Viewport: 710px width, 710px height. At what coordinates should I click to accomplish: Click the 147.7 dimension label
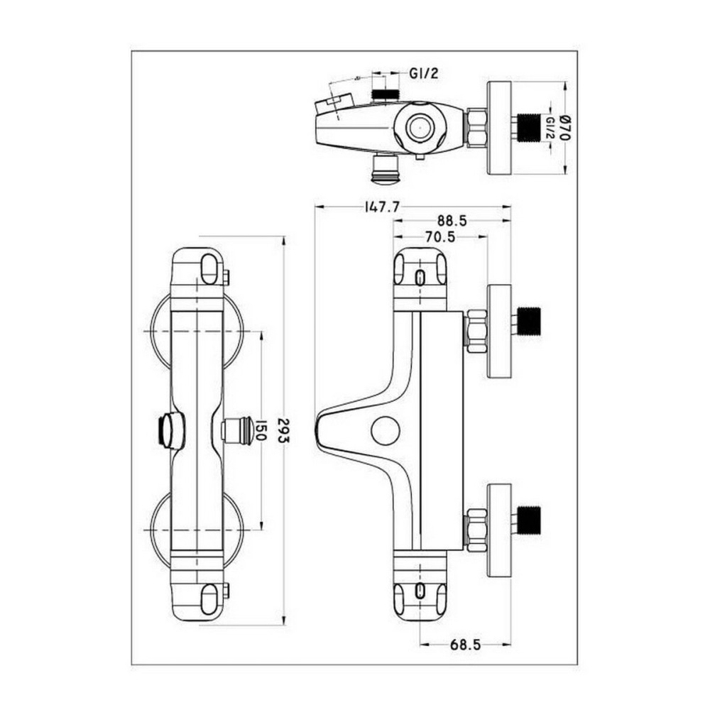(x=383, y=207)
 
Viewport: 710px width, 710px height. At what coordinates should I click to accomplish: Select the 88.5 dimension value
(x=452, y=221)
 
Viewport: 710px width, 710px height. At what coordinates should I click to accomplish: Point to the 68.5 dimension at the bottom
(x=466, y=645)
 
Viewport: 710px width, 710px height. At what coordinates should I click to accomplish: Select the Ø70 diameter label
(x=566, y=129)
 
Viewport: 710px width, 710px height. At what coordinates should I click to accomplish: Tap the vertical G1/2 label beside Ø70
(x=551, y=129)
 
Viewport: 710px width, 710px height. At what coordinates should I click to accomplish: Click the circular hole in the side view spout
(x=386, y=430)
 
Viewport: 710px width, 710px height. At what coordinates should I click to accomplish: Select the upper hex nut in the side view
(x=476, y=330)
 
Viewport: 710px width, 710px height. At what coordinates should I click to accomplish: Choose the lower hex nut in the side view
(x=476, y=530)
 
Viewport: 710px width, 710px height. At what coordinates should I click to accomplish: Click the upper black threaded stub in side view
(x=529, y=320)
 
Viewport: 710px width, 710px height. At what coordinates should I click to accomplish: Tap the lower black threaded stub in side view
(x=529, y=520)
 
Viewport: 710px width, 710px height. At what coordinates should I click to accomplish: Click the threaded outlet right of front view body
(x=237, y=430)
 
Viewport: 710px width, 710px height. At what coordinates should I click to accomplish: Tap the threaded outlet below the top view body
(x=386, y=168)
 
